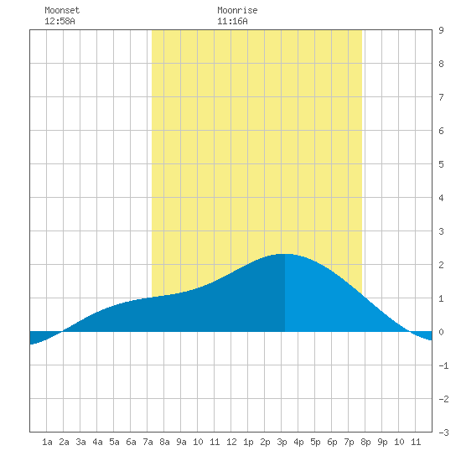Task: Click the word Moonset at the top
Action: click(62, 10)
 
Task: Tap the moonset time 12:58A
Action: click(60, 21)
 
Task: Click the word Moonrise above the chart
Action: click(237, 10)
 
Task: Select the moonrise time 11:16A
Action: click(232, 21)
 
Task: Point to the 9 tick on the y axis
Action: click(441, 30)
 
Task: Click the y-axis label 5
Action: click(441, 164)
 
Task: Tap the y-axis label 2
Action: click(441, 265)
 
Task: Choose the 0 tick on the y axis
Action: click(441, 332)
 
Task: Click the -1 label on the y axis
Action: click(443, 365)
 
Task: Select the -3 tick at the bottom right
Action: click(443, 433)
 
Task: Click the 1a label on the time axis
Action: click(47, 442)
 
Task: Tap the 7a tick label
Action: click(148, 442)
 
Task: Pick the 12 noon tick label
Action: click(231, 442)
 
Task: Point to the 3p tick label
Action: click(282, 442)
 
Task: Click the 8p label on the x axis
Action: click(365, 442)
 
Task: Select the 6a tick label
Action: click(131, 442)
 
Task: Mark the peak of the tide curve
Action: click(285, 254)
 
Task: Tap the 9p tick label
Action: click(382, 442)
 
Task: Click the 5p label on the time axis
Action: click(315, 442)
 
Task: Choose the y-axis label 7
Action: click(441, 97)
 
